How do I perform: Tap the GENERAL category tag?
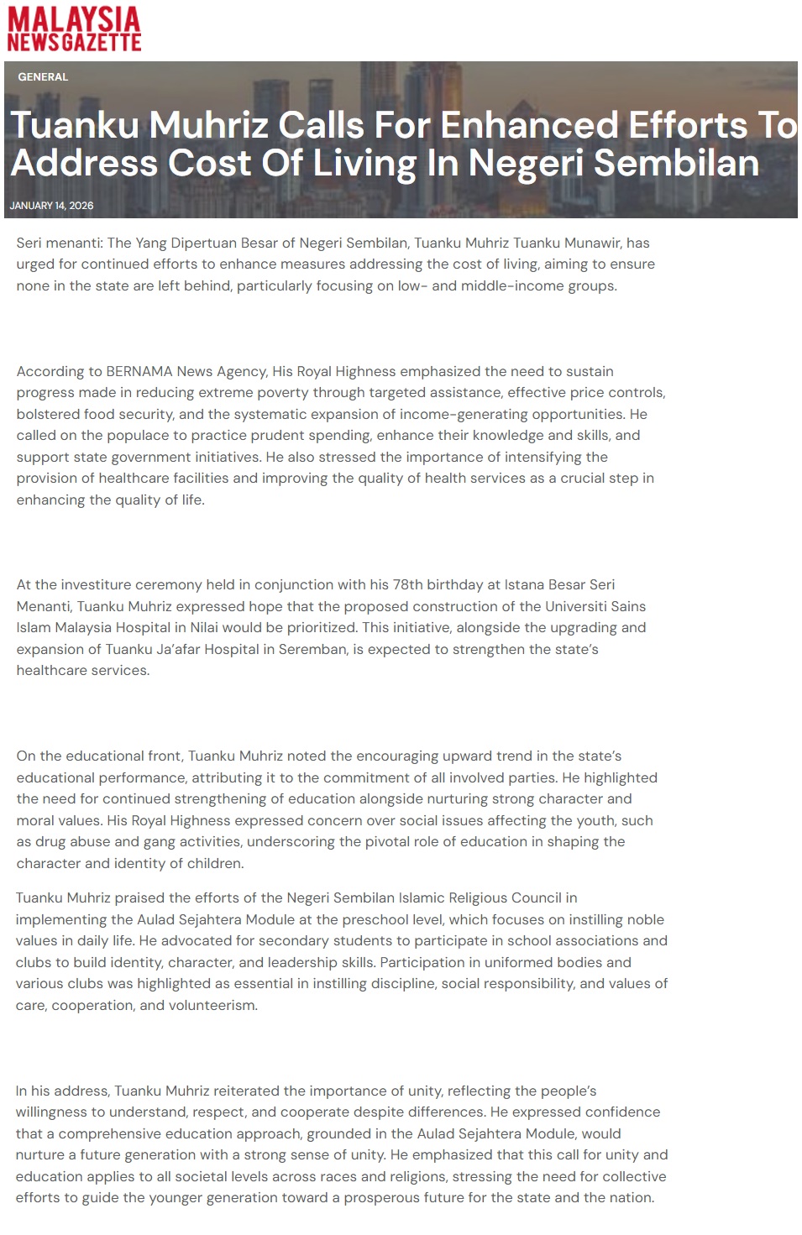(43, 76)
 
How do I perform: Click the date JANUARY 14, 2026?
(51, 206)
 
